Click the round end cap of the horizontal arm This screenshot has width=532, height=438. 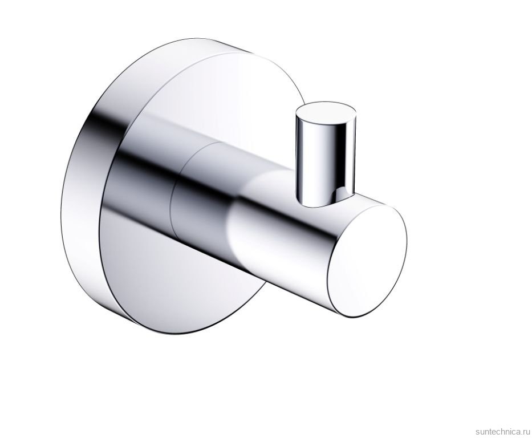tap(367, 261)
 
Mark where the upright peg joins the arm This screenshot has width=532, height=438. tap(326, 200)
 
